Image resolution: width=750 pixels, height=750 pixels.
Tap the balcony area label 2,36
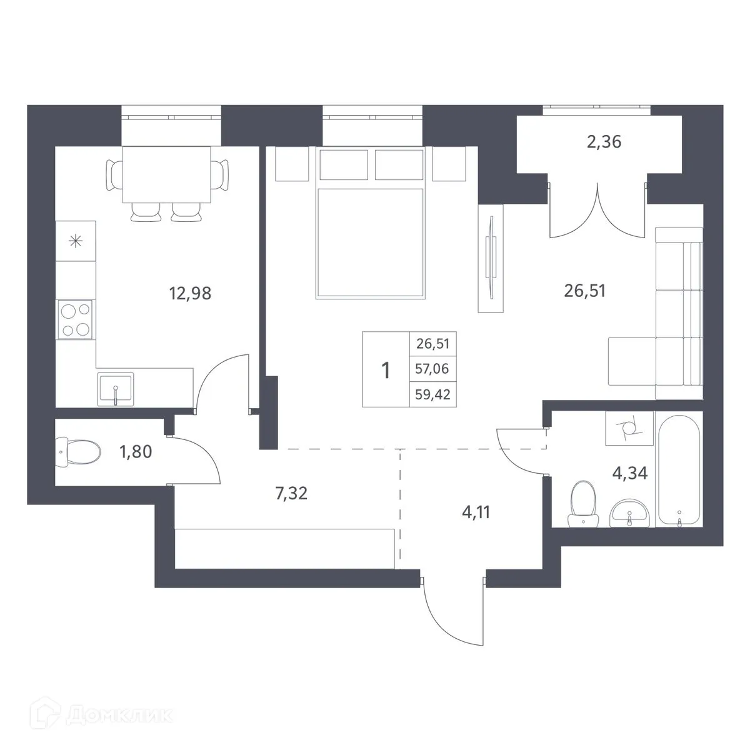(604, 142)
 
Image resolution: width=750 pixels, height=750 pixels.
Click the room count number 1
(386, 370)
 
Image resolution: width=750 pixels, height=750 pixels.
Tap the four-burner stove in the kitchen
(76, 319)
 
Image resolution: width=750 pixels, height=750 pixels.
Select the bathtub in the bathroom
(679, 469)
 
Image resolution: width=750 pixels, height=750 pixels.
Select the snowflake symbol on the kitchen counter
(76, 241)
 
